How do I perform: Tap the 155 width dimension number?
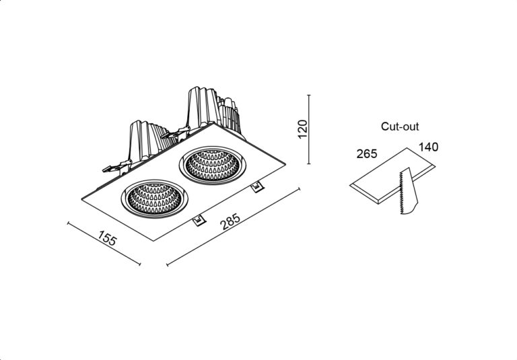107,238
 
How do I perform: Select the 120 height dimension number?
302,129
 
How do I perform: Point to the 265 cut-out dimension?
367,153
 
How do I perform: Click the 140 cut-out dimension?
428,147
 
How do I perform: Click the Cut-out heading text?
400,127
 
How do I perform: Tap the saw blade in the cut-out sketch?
408,191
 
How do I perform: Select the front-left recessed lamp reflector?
154,199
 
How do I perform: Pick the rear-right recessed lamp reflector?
212,166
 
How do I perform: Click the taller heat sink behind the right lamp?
213,110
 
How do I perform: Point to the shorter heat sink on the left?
150,140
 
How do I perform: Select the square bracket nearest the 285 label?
199,221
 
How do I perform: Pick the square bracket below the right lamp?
257,188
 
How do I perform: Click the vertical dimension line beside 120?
308,129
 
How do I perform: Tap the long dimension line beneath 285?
234,227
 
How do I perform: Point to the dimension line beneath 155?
104,244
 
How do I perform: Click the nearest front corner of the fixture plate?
153,241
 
